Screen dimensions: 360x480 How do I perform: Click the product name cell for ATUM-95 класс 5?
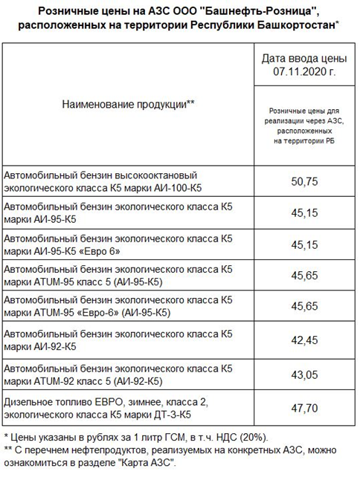(x=119, y=276)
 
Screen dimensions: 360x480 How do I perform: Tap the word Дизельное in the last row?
(x=30, y=400)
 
